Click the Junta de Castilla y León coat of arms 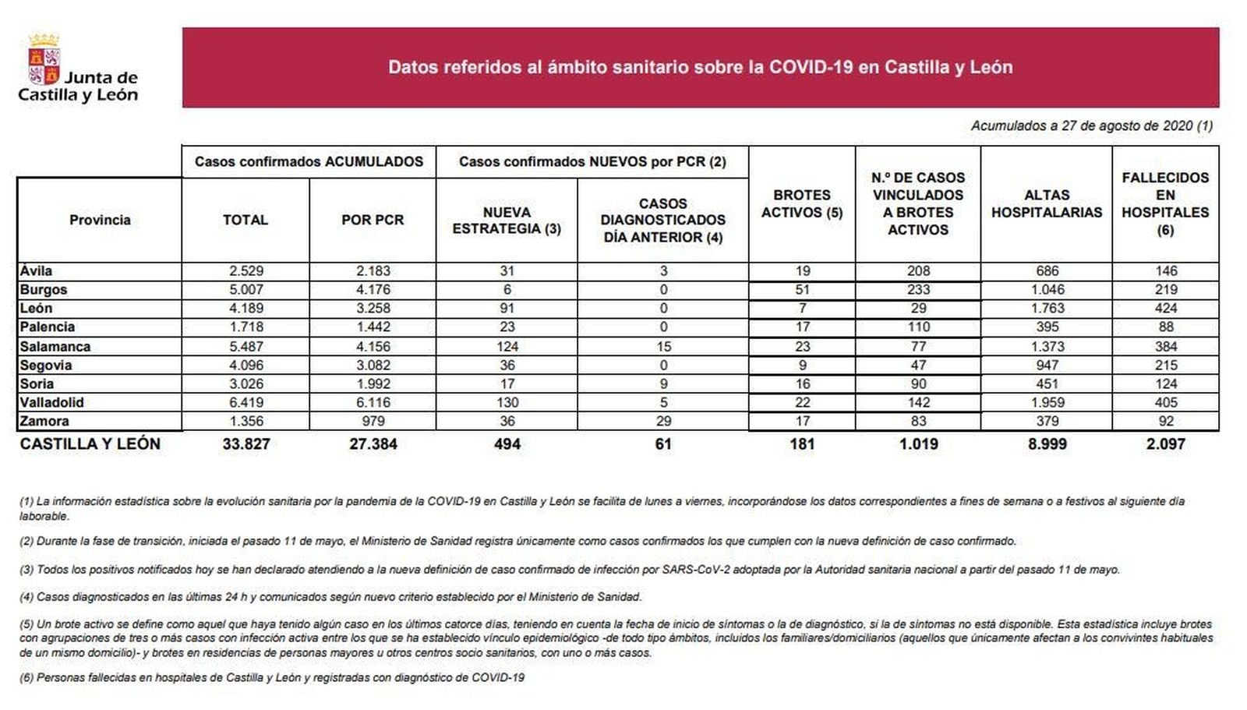[x=44, y=59]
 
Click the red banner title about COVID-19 [x=700, y=67]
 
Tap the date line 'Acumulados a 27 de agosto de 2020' [x=1091, y=125]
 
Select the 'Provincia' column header [x=100, y=220]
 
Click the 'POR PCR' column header [x=373, y=220]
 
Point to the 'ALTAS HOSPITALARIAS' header [x=1047, y=203]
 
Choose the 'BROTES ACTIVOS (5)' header [x=802, y=203]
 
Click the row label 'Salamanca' [x=55, y=346]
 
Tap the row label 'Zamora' [x=44, y=421]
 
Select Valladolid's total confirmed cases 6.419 [x=246, y=402]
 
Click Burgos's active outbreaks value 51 [x=802, y=290]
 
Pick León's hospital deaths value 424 [x=1166, y=309]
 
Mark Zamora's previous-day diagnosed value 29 [x=663, y=421]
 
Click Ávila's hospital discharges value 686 [x=1047, y=271]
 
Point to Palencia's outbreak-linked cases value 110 [x=918, y=327]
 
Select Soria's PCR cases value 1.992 [x=373, y=383]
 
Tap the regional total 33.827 [x=246, y=444]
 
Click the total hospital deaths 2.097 [x=1166, y=444]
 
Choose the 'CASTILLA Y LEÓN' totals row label [x=90, y=444]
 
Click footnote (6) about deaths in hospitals [x=272, y=678]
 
